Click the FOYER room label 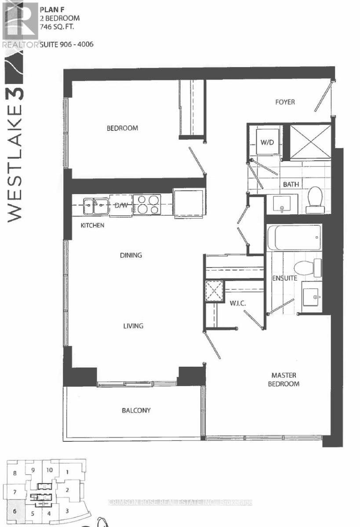click(x=285, y=102)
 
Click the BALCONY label click(x=136, y=410)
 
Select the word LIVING click(x=133, y=325)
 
